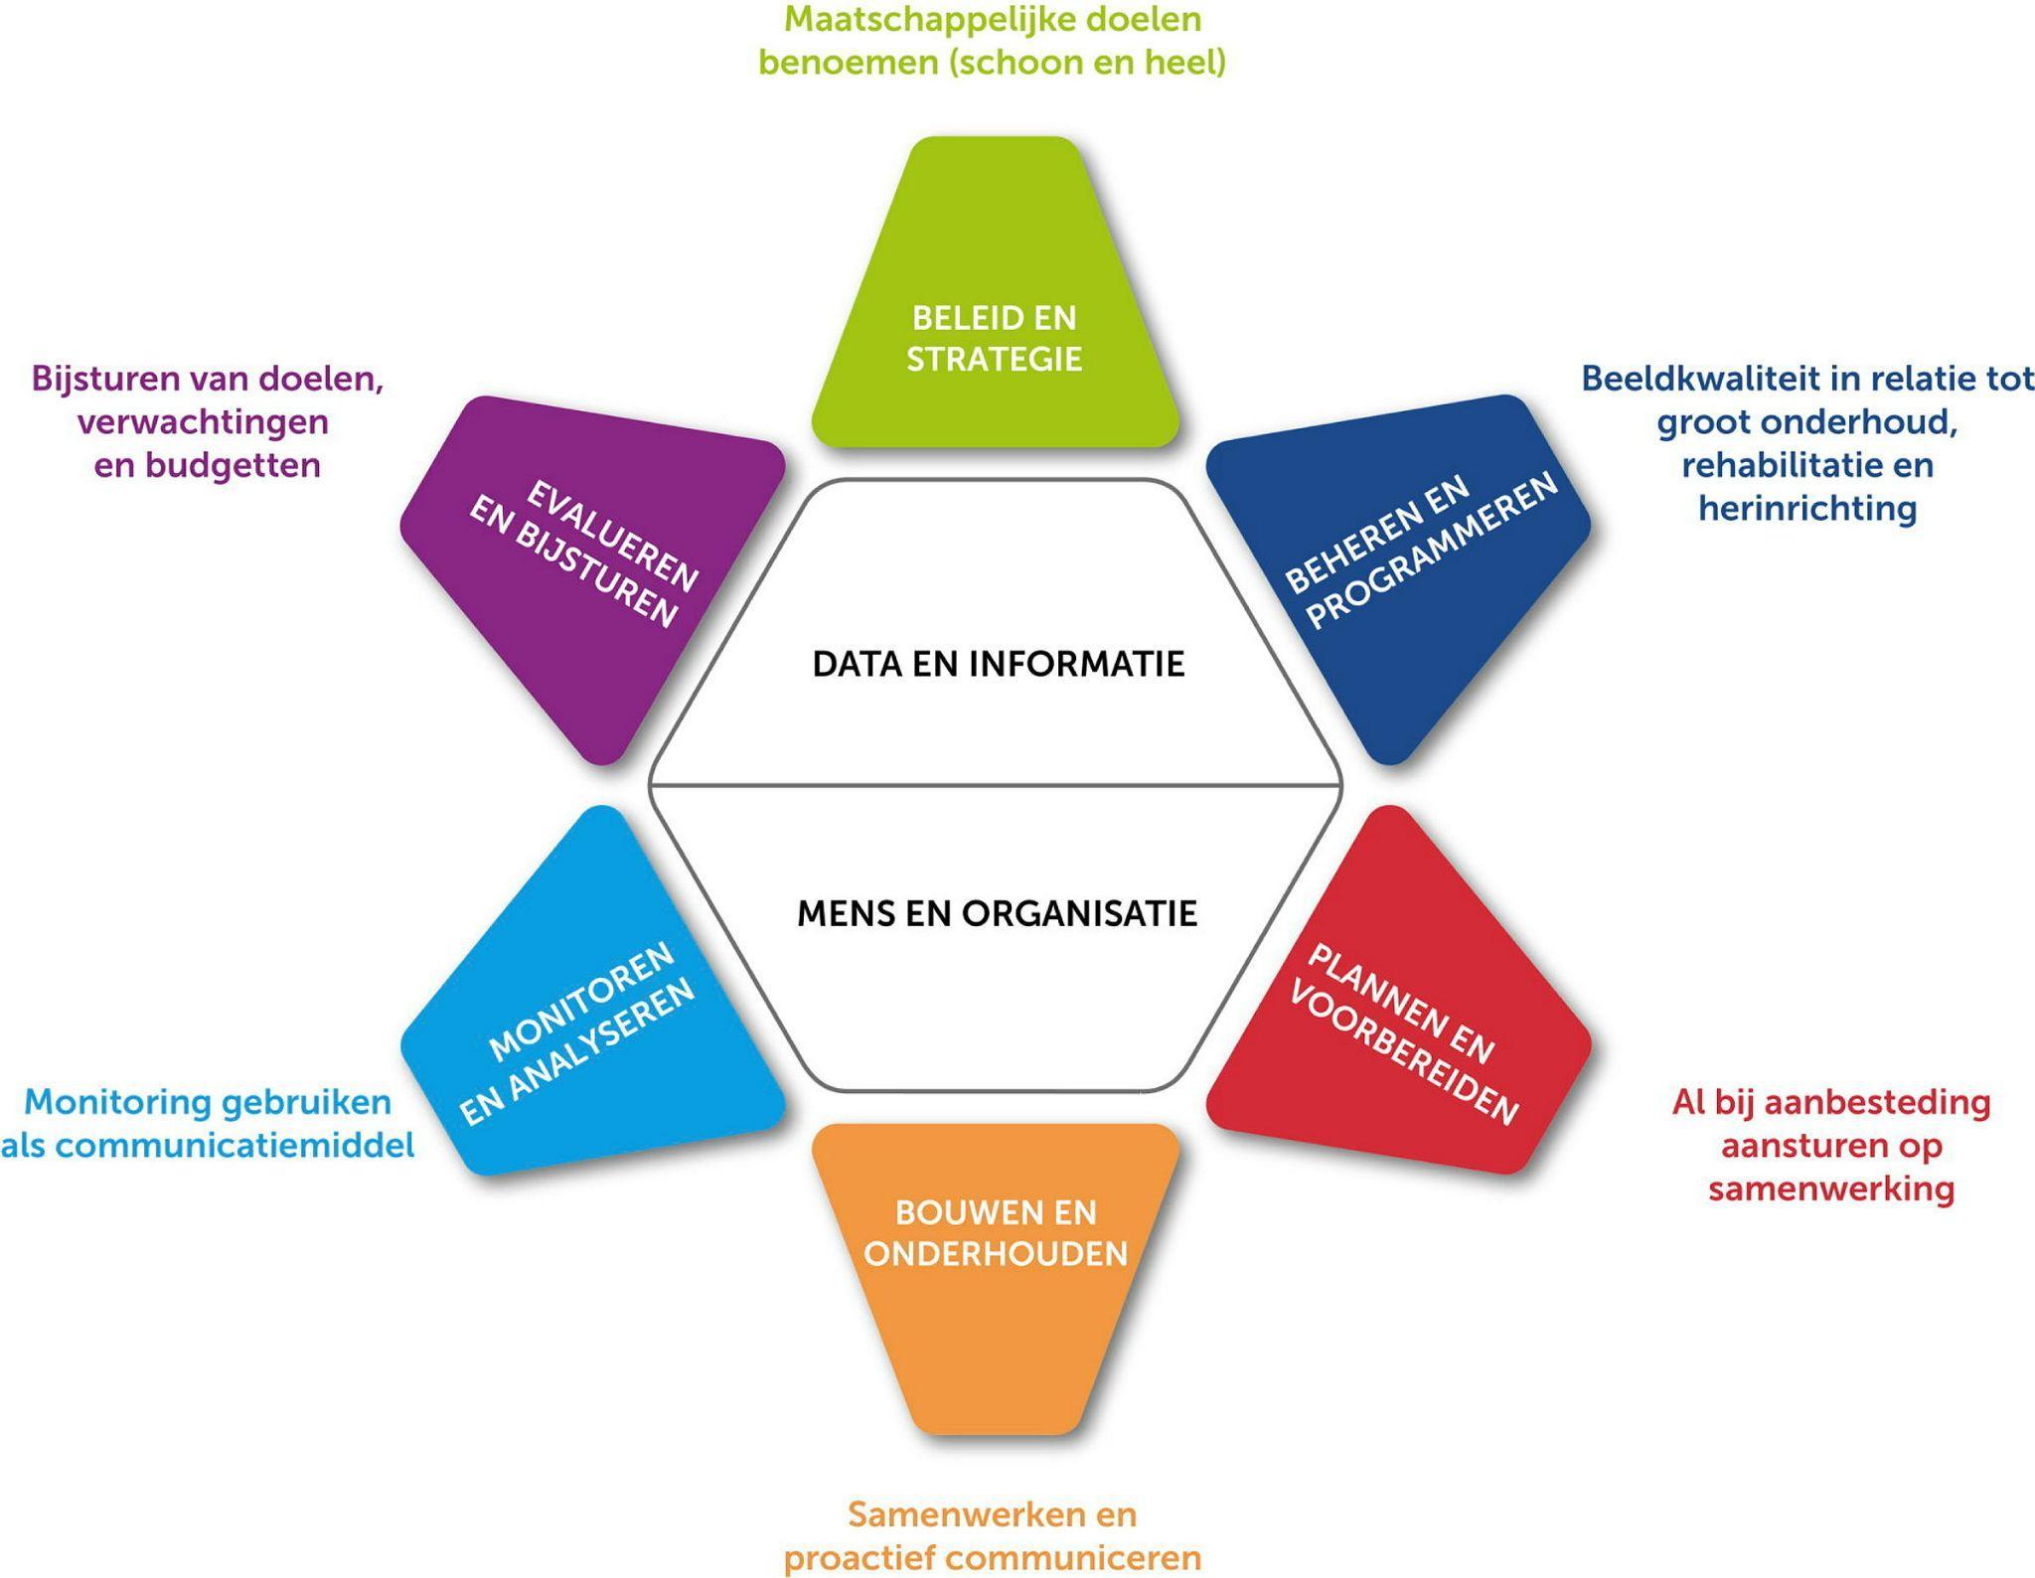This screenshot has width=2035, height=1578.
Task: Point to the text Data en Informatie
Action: (x=998, y=664)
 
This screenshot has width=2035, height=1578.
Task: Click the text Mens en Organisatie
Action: (x=997, y=913)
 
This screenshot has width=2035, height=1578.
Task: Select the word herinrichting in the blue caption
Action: (x=1806, y=509)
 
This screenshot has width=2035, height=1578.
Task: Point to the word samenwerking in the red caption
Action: (x=1830, y=1188)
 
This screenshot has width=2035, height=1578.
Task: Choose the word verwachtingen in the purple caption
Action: (x=203, y=422)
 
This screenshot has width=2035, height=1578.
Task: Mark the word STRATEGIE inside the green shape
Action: (x=994, y=359)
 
